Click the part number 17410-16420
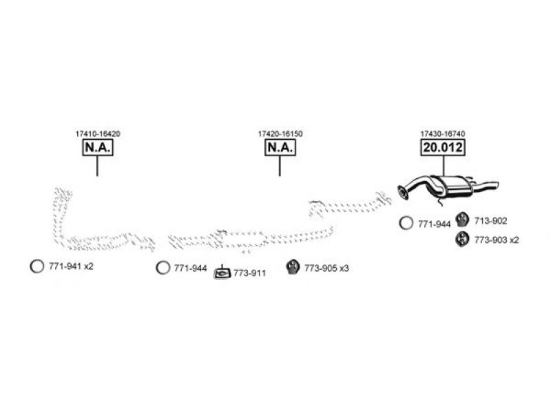[x=98, y=134]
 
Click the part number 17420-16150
[x=280, y=134]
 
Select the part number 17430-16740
[x=443, y=134]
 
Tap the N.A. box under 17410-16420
[x=98, y=147]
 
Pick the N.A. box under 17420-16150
[x=280, y=147]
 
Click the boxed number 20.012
[x=443, y=147]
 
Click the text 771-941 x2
[x=72, y=266]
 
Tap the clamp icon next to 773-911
[x=222, y=273]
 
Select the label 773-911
[x=250, y=273]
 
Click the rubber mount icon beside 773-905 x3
[x=293, y=267]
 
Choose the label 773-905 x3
[x=326, y=268]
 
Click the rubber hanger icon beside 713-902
[x=462, y=220]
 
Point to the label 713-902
[x=491, y=221]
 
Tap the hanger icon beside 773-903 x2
[x=462, y=239]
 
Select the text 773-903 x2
[x=497, y=240]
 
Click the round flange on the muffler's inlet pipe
[x=403, y=193]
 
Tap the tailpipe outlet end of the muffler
[x=496, y=184]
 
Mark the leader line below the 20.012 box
[x=444, y=166]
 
